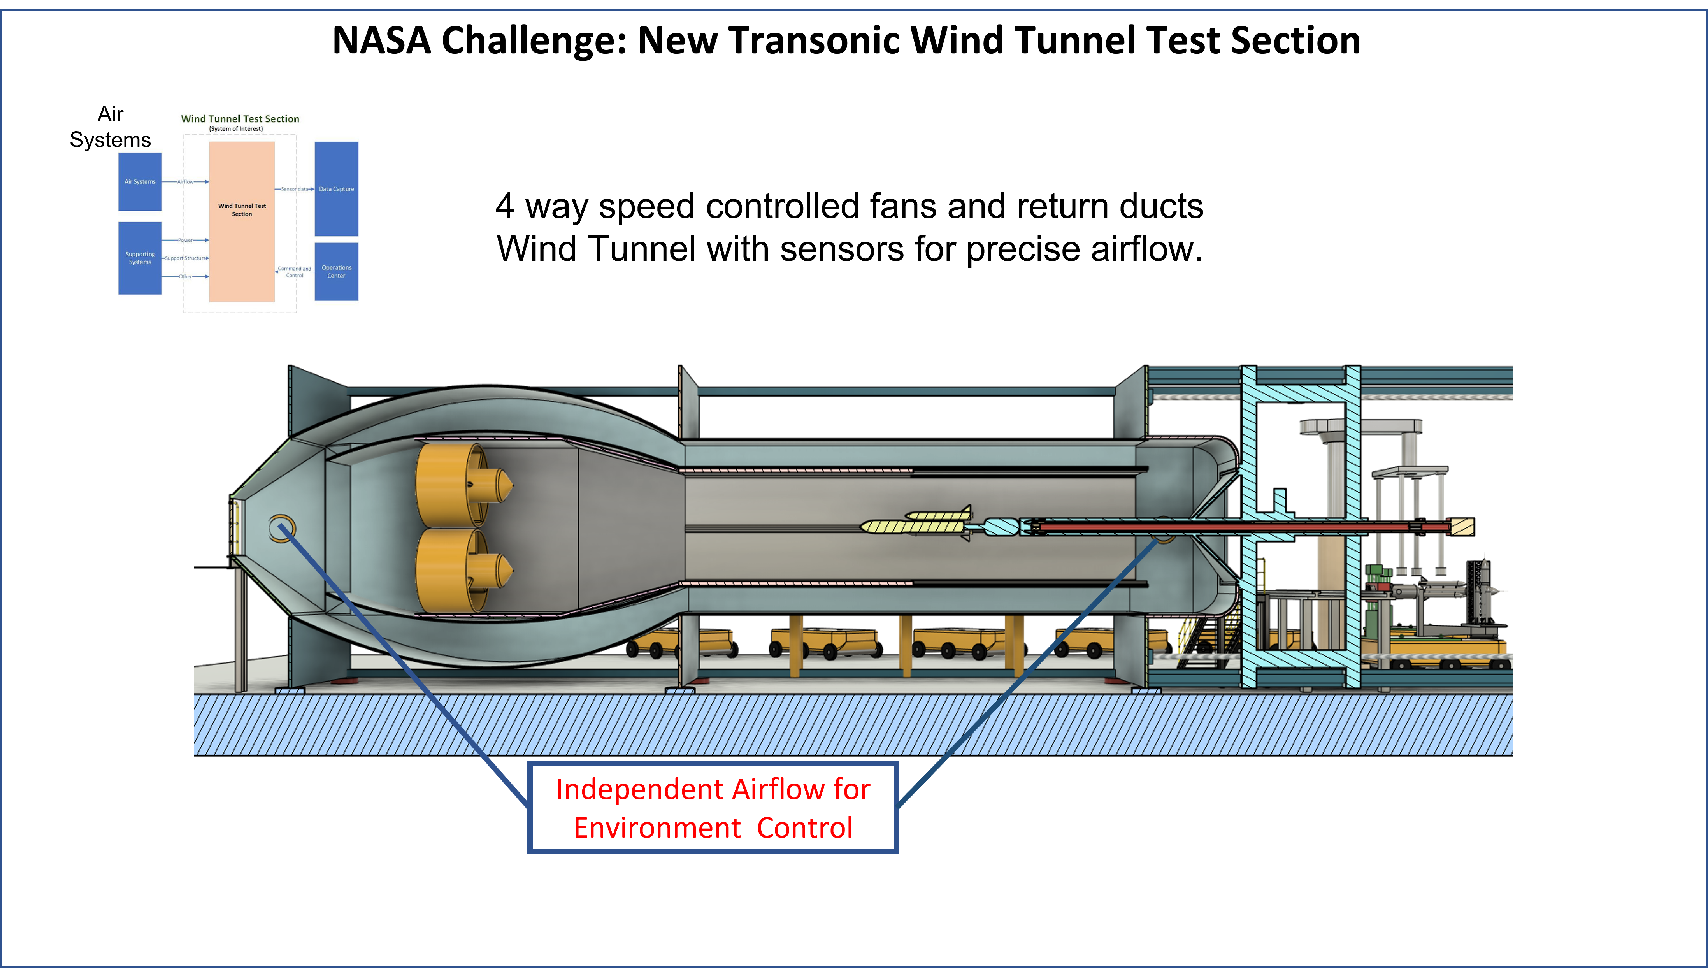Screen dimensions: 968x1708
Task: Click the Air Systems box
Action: coord(140,181)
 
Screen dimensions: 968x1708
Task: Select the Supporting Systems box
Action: coord(140,258)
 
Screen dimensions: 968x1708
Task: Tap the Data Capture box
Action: coord(336,189)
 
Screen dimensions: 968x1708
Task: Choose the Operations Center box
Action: coord(336,271)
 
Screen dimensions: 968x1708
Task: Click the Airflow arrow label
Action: coord(185,181)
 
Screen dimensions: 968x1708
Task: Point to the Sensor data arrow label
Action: coord(295,189)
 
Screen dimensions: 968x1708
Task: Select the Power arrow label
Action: coord(185,240)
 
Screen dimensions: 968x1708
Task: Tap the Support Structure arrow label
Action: coord(185,258)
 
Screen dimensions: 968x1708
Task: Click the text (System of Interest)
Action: coord(236,129)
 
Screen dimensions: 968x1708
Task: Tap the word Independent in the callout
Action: coord(639,789)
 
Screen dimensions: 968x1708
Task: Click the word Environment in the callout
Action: coord(657,828)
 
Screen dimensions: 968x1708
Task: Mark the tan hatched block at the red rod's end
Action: coord(1462,527)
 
